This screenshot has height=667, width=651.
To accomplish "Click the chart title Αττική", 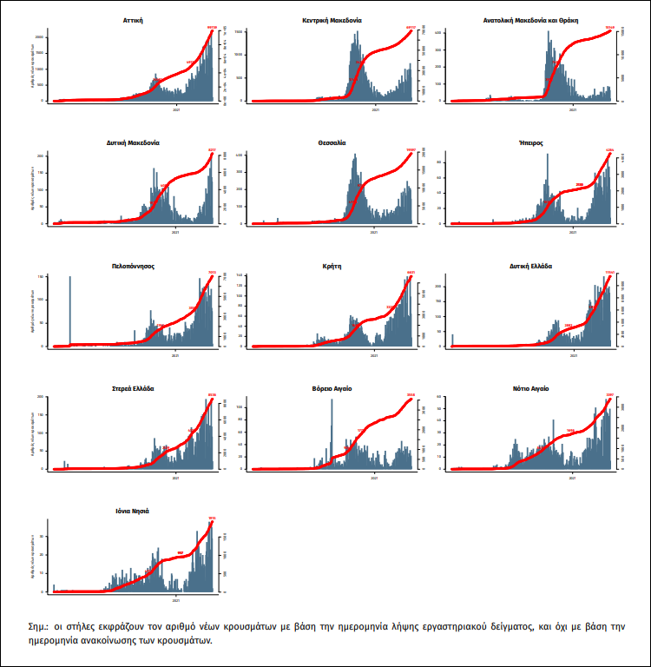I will coord(134,18).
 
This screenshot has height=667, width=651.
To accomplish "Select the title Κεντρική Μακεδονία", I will coord(332,18).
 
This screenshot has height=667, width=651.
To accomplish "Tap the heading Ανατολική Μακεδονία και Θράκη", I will coord(530,18).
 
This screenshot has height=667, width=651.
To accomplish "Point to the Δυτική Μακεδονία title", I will coord(134,142).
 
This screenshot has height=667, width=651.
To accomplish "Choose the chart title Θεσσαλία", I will coord(332,142).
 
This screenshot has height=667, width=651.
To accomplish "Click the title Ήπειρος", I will coord(530,142).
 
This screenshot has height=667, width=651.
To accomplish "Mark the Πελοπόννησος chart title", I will coord(134,266).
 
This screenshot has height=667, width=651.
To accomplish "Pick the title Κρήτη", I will coord(332,266).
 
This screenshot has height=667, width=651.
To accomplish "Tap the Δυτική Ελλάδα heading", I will coord(530,266).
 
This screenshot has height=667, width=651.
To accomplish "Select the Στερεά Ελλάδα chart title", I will coord(134,389).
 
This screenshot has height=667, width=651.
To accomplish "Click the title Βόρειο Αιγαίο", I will coord(332,389).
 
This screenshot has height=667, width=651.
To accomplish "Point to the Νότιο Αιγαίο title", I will coord(530,389).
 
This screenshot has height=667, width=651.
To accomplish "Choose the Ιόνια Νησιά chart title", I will coord(134,512).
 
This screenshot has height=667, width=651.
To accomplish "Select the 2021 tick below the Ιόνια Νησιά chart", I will coord(177,601).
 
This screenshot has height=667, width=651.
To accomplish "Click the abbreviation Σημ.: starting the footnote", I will coord(40,626).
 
